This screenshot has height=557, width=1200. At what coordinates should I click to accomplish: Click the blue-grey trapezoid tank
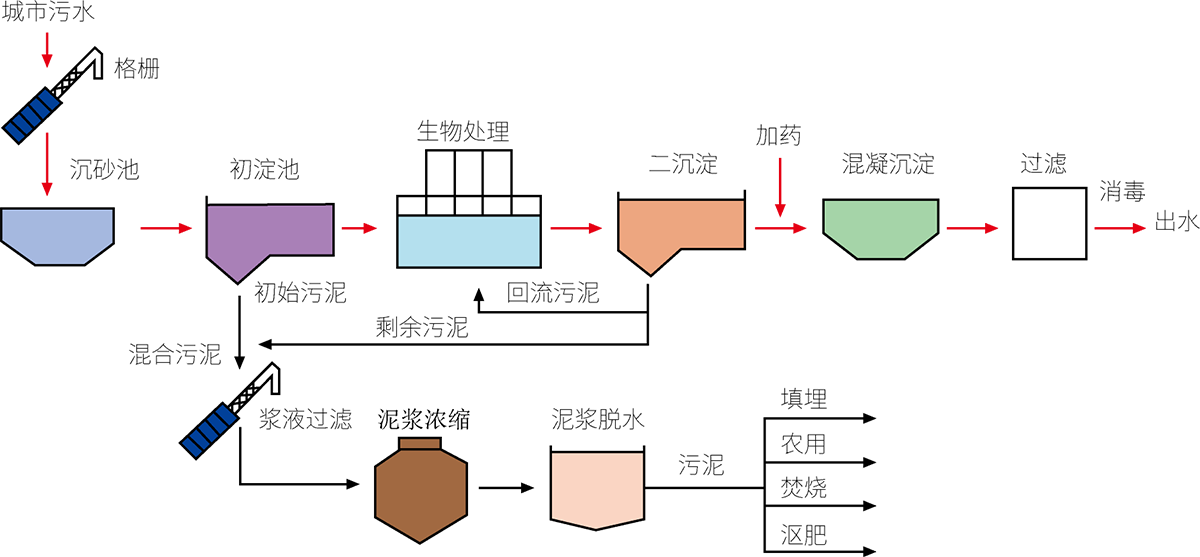pos(57,235)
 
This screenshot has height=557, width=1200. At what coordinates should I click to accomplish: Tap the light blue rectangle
pos(468,241)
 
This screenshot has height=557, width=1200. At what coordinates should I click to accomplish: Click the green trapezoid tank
pos(880,226)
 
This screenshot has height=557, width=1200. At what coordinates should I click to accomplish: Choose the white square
pos(1049,223)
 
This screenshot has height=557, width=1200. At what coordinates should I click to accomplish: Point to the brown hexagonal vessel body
pos(420,495)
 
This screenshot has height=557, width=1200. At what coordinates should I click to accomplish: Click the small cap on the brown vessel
pos(420,444)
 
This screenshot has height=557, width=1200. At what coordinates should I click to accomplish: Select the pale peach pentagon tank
pos(597,488)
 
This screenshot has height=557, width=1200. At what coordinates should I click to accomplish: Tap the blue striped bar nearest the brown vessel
pos(209,430)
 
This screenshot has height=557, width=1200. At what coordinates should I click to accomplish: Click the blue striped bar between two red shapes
pos(32,114)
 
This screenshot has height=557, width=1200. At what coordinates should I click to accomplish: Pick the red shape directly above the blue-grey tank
pos(44,160)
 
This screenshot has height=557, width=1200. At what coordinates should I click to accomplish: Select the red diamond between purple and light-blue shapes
pos(362,225)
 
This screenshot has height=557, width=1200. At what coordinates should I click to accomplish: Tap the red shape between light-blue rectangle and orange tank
pos(577,226)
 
